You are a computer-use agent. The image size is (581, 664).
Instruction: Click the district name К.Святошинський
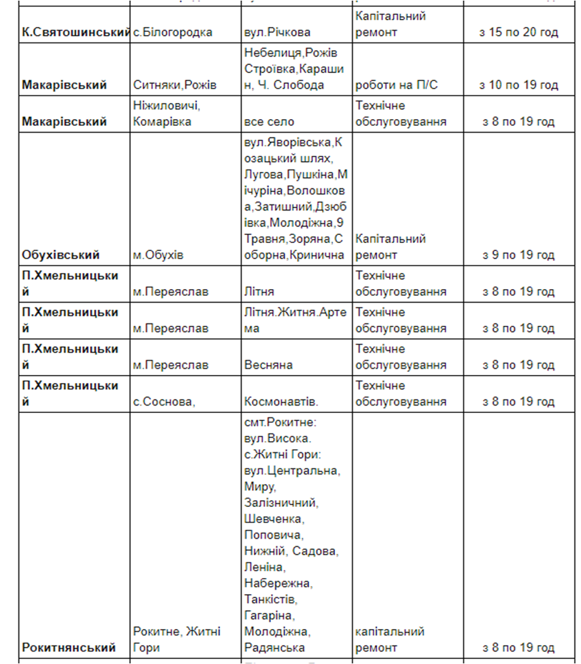coord(76,32)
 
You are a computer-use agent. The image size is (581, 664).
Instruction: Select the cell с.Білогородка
coord(172,32)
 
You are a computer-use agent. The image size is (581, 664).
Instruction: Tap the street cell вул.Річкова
coord(277,32)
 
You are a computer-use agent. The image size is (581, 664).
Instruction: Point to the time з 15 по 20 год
coord(519,32)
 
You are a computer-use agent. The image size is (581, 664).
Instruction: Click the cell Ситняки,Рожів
coord(174,85)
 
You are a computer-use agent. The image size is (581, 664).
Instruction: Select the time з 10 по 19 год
coord(519,85)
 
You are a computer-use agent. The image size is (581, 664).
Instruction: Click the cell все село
coord(269,122)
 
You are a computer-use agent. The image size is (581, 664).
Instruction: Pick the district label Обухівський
coord(61,254)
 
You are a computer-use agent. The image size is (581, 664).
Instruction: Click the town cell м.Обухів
coord(158,254)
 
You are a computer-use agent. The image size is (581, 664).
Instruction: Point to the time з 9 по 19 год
coord(519,254)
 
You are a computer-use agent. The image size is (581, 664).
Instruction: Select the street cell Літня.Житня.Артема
coord(295,320)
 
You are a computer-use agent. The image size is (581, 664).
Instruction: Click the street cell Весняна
coord(268,365)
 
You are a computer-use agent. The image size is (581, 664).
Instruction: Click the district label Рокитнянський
coord(69,647)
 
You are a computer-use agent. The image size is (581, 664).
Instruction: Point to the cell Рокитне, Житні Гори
coord(177,639)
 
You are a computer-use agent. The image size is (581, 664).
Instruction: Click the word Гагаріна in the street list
coord(269,615)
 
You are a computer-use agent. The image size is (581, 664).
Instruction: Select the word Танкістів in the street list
coord(271,599)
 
